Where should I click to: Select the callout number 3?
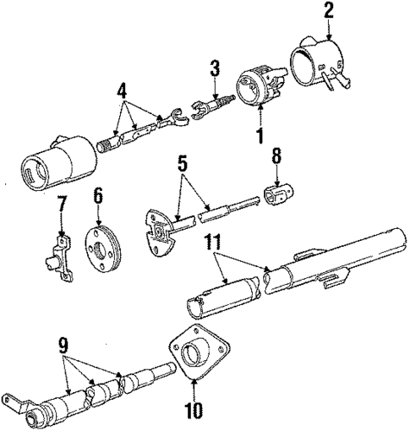tap(216, 67)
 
